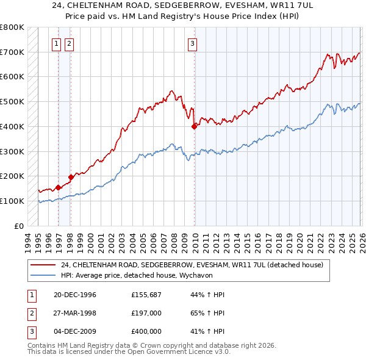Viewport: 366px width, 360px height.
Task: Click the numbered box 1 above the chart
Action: [x=57, y=43]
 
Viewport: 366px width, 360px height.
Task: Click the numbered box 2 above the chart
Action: [x=69, y=43]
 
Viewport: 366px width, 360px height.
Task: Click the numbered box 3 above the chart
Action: [x=192, y=43]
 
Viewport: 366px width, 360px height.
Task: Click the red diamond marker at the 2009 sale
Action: [x=195, y=126]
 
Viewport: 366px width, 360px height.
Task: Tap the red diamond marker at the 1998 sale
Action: [x=71, y=177]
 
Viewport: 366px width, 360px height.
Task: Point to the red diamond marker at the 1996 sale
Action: [x=59, y=187]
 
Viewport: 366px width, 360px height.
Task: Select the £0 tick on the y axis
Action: [x=20, y=226]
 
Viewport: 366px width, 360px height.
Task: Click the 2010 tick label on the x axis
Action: [x=195, y=240]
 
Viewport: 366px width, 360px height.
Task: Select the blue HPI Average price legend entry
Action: [x=152, y=275]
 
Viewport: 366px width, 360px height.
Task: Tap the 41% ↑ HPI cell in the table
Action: [x=207, y=331]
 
